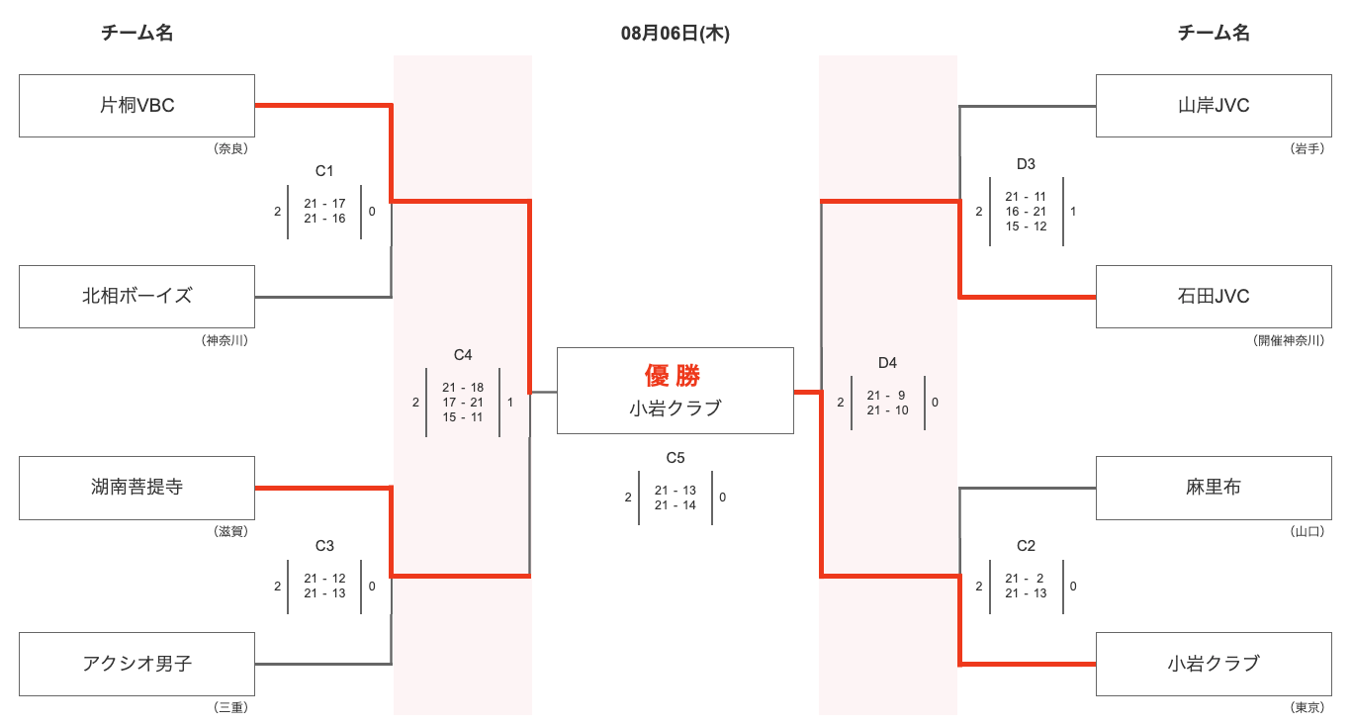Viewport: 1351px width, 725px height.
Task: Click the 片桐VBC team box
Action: point(136,106)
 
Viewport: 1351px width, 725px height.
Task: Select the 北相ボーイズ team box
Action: point(136,297)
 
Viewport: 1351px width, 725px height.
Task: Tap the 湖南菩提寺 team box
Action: point(136,488)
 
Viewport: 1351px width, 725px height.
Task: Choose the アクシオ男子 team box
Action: point(136,664)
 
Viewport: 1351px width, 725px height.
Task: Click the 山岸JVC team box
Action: point(1214,106)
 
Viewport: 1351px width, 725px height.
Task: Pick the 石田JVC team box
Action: point(1214,297)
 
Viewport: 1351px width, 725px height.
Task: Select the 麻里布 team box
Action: point(1214,488)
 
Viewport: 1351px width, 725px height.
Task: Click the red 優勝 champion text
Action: point(673,376)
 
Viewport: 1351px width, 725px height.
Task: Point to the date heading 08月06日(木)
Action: point(675,33)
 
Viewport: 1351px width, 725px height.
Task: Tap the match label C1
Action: point(324,171)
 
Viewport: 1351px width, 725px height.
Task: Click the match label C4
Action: point(463,355)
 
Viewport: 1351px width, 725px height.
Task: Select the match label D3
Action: point(1026,164)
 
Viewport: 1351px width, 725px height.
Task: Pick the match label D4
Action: point(887,362)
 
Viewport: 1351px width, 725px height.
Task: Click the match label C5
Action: point(675,458)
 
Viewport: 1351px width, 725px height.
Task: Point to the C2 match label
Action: point(1026,546)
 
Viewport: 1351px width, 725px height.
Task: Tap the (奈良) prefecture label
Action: point(230,148)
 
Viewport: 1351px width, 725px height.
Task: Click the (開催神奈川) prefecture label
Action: point(1289,340)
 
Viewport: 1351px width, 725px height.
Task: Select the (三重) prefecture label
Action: point(230,707)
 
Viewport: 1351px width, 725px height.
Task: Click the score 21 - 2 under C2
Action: point(1026,578)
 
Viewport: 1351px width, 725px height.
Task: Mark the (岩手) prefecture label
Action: point(1306,148)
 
